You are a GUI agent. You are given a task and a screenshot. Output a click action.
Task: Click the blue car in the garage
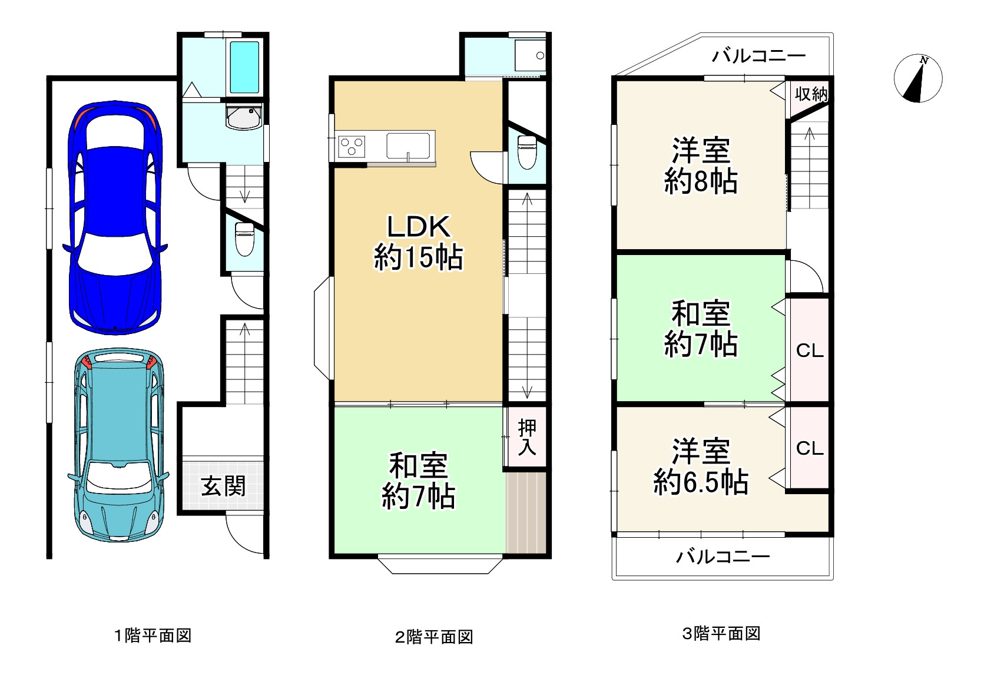point(115,218)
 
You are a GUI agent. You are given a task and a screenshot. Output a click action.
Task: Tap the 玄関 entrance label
point(223,487)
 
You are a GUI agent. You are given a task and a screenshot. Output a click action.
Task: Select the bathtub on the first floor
point(244,67)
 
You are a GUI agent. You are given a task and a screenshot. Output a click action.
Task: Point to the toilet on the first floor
point(244,239)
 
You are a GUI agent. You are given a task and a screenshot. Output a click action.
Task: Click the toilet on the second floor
point(526,152)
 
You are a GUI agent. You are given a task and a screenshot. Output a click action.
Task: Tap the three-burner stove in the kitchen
point(352,146)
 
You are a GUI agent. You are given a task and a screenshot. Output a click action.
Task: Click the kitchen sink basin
point(407,145)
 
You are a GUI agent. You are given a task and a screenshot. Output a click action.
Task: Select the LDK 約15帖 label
point(418,241)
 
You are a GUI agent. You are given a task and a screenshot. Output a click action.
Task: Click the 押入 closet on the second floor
point(527,438)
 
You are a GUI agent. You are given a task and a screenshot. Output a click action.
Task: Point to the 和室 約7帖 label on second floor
point(418,481)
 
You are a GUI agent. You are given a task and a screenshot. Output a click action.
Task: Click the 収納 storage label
point(811,94)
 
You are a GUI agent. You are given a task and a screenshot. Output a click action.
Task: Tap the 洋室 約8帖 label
point(701,166)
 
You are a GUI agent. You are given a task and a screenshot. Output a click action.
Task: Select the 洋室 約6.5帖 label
point(701,466)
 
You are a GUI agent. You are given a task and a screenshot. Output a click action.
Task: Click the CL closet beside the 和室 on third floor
point(810,350)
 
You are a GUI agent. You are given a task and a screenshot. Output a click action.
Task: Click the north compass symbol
point(917,79)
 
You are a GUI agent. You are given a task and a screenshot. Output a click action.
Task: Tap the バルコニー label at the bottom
point(723,557)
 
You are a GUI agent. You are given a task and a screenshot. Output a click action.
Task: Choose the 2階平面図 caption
point(434,637)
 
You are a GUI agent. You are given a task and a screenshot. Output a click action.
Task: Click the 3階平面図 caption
point(721,634)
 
